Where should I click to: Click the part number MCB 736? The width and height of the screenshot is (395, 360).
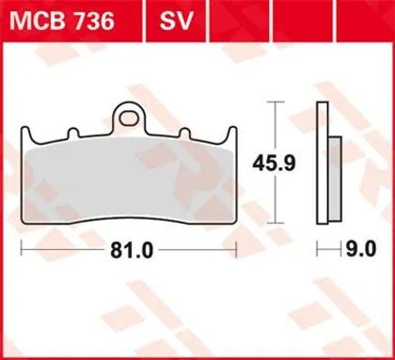tap(62, 22)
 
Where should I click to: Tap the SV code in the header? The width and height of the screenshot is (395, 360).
tap(176, 22)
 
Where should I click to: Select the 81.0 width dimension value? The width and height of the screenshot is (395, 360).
tap(132, 251)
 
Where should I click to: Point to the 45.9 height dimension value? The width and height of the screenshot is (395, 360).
tap(274, 163)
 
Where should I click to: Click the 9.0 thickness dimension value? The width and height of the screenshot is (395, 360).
tap(360, 250)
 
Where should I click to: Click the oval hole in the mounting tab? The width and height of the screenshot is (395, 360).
tap(129, 118)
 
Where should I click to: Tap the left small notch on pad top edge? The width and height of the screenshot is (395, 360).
tap(72, 133)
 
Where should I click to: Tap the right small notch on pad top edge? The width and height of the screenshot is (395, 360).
tap(185, 133)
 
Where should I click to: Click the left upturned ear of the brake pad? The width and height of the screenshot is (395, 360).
tap(25, 134)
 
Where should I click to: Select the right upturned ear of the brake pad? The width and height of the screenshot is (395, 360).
tap(232, 134)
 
